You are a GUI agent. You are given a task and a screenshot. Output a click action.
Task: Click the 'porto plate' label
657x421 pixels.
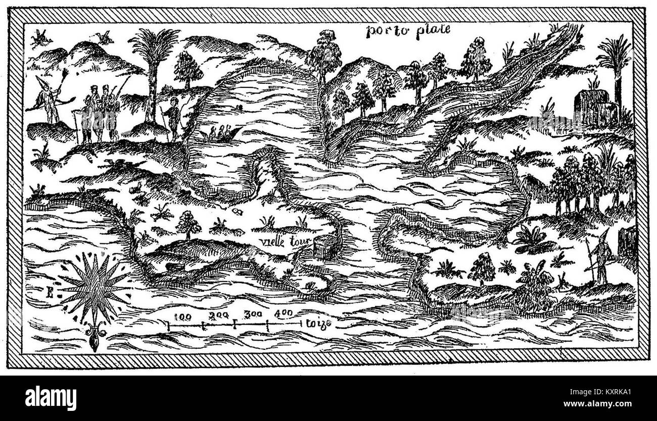pos(408,31)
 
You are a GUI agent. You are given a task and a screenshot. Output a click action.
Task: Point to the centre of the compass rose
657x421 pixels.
pos(94,287)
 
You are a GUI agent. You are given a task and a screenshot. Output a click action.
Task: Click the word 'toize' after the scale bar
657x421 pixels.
pos(318,324)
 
